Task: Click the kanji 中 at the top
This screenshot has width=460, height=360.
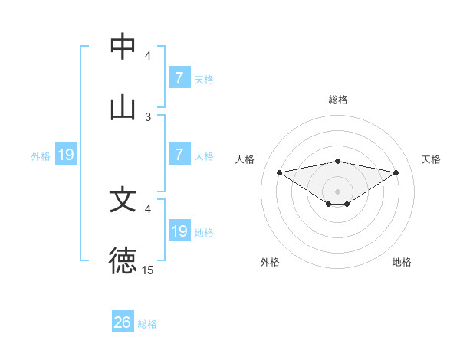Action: (x=123, y=47)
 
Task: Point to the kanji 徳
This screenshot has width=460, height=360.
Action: (x=123, y=260)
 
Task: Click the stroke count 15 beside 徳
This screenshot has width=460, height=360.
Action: (x=147, y=270)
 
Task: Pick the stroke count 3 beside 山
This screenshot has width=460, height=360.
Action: (x=148, y=116)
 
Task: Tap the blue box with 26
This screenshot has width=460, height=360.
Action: (x=123, y=322)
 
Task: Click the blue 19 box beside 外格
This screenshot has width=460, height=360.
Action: (x=66, y=155)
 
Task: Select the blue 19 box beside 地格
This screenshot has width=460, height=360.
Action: (x=179, y=231)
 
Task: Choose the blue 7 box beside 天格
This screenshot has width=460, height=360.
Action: (x=179, y=78)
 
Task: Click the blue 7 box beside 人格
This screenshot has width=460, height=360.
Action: (x=179, y=155)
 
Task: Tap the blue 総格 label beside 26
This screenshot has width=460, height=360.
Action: (x=147, y=324)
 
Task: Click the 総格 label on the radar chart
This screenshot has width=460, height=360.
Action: (x=337, y=100)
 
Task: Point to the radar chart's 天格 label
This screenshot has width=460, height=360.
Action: (x=431, y=159)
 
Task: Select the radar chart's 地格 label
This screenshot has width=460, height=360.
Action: (x=402, y=262)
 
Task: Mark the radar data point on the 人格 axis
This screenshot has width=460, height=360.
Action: (x=280, y=172)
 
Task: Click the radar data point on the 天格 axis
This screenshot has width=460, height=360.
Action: (x=396, y=172)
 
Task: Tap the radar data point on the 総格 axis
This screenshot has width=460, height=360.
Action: (x=337, y=161)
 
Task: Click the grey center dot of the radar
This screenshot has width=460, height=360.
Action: (x=337, y=191)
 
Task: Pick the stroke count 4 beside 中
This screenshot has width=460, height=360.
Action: (x=148, y=55)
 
